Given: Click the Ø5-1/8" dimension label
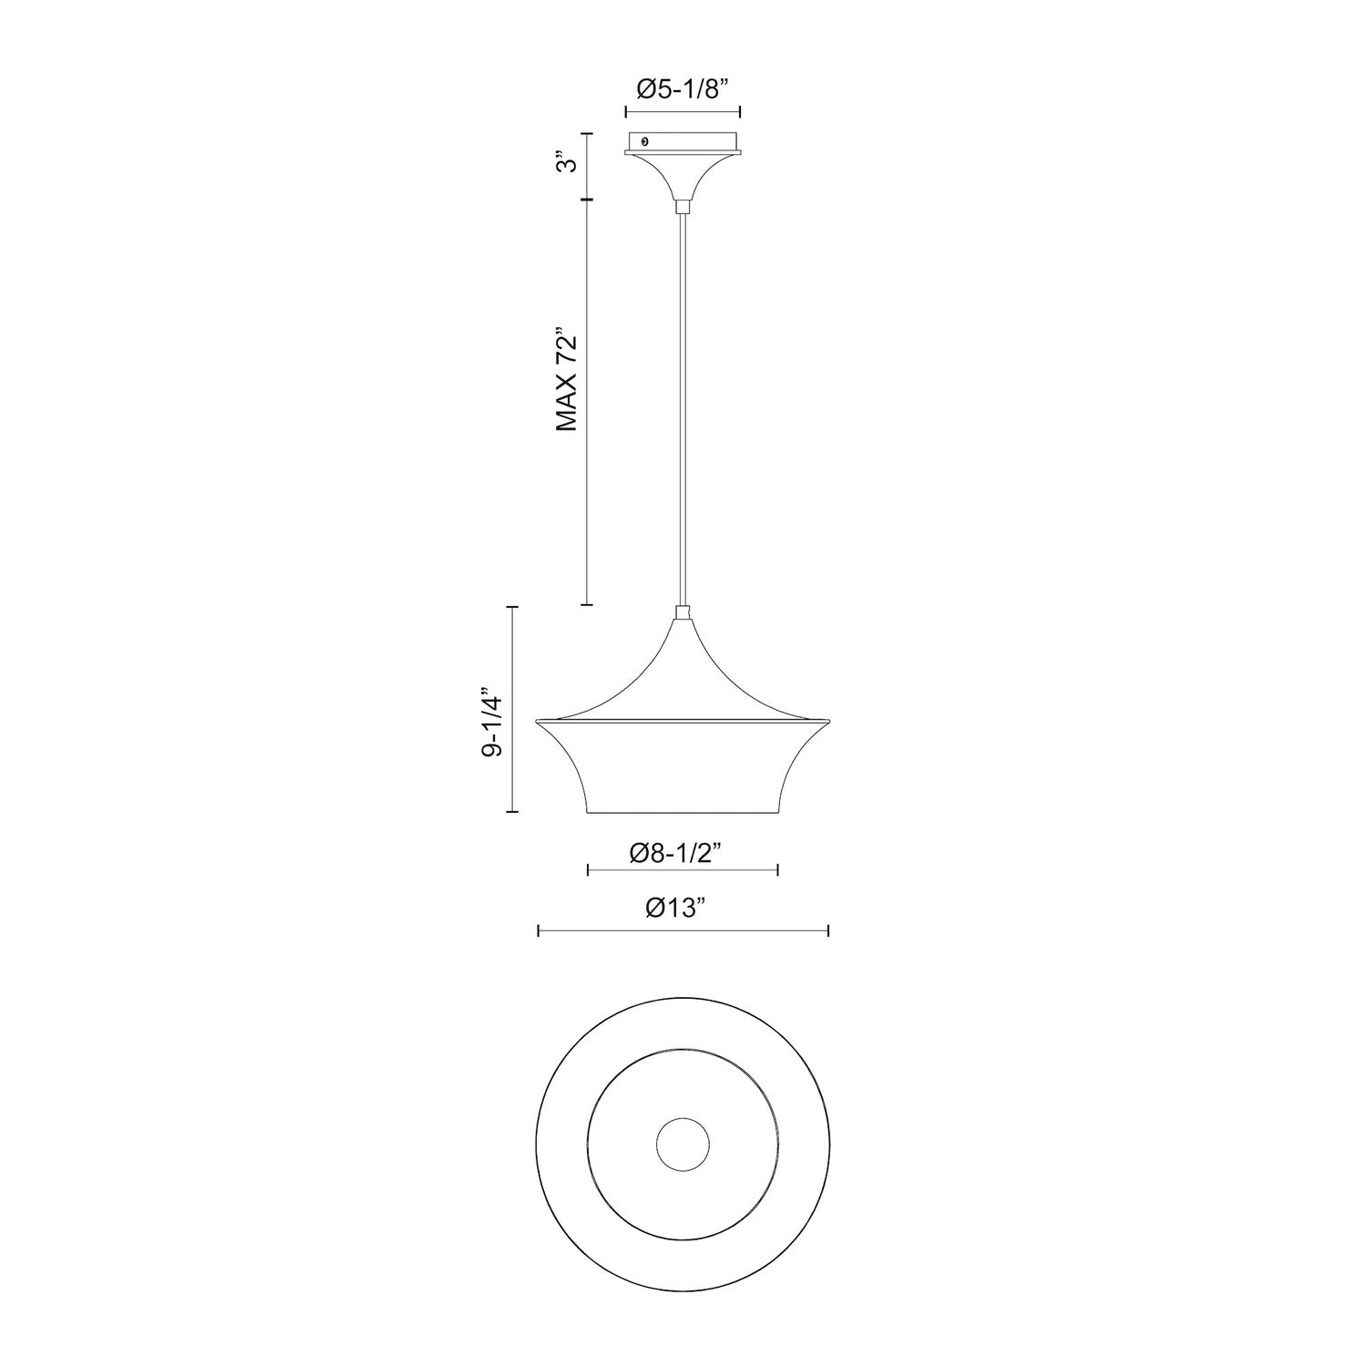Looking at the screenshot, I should coord(683,88).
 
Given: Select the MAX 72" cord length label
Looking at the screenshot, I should coord(567,381).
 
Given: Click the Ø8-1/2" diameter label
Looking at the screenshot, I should coord(682,853).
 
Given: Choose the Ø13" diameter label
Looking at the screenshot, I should coord(682,909).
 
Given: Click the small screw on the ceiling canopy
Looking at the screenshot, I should coord(645,141).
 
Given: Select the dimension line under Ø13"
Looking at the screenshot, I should coord(683,930).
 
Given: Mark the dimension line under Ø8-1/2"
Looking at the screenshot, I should coord(683,871).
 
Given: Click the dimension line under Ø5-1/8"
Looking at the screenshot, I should coord(683,111).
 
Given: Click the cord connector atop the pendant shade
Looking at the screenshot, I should coord(683,612).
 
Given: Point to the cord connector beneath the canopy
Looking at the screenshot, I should coord(683,207).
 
